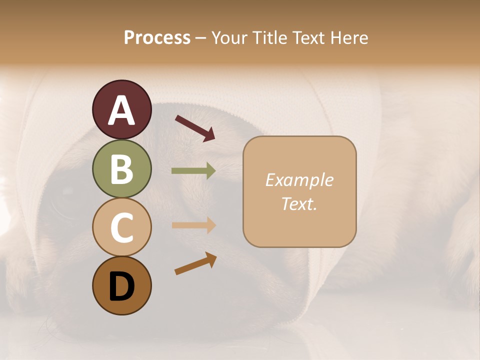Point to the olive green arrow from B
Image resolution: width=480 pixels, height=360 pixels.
pos(193,171)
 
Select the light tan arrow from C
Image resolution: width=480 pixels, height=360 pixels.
pos(193,225)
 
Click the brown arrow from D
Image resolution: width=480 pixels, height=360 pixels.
pos(195,263)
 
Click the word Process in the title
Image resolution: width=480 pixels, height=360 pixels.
pos(157,38)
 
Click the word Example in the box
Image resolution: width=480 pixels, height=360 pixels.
pos(299,180)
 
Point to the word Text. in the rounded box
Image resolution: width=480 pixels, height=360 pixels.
pos(299,204)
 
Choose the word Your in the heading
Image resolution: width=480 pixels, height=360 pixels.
pos(228,38)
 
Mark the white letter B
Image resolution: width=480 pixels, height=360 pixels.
pos(121,169)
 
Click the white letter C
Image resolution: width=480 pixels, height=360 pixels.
pos(121,227)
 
